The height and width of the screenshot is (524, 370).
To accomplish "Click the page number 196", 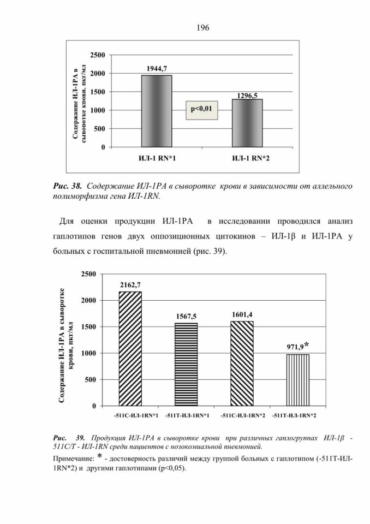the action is pos(203,27).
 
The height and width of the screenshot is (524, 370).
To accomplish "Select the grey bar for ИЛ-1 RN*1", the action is pos(157,111).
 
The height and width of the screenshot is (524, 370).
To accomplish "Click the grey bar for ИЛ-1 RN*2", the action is pos(247,123).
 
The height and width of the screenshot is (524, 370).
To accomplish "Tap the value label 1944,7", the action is pos(157,69).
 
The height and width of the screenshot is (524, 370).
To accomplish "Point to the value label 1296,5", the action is pos(247,96).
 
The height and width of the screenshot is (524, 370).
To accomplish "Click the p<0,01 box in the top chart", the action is pos(201,110).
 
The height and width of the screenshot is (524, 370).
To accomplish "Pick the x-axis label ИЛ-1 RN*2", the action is pos(251,158).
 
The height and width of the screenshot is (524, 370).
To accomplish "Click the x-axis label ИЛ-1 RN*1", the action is pos(157,158).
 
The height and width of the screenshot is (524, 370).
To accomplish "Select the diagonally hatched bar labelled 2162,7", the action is pos(130,349).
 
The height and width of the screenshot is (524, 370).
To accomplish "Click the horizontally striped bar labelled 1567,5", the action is pos(186,365).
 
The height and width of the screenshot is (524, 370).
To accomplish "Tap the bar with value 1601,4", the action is pos(242,364).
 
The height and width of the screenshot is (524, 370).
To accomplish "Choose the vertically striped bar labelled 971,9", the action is pos(297,380).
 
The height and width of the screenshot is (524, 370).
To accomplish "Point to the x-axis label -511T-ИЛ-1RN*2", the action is pos(294,416).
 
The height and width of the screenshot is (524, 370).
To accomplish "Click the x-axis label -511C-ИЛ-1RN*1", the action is pos(135,416).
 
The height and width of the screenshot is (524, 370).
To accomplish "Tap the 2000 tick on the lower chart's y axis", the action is pos(89,300).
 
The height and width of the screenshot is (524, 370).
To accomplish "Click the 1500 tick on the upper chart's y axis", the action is pos(98,92).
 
